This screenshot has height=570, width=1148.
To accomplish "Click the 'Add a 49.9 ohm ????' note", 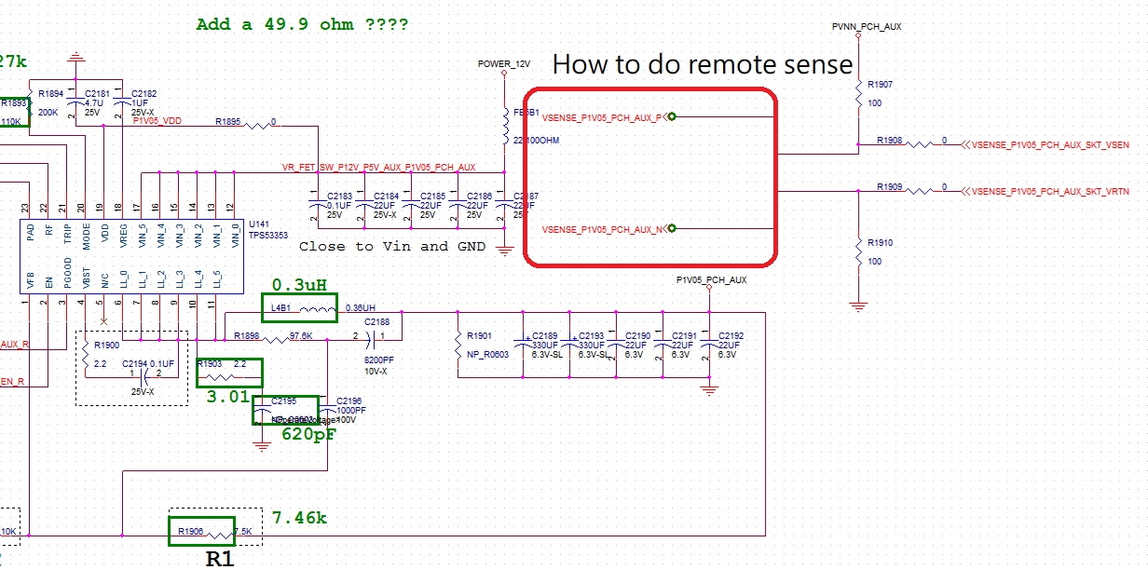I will click(x=302, y=25).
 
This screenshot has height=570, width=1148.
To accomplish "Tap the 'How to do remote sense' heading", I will click(x=703, y=64).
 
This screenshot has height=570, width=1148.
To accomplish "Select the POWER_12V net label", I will click(x=504, y=64).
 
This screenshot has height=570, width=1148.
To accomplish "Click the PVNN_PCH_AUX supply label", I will click(x=867, y=27).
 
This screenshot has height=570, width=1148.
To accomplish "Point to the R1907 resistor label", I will click(x=880, y=85).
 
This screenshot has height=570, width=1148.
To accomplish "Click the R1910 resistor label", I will click(x=880, y=242).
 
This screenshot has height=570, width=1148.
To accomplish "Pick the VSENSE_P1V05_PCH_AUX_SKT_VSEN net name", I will click(x=1050, y=144).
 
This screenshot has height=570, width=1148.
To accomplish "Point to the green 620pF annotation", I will click(x=308, y=434).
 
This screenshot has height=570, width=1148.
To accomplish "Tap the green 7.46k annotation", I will click(x=299, y=518).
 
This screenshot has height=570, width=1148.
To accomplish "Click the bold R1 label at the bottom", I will click(x=220, y=560).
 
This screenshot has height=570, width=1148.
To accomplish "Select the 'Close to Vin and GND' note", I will click(x=391, y=247).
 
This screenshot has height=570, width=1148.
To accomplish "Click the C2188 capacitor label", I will click(x=377, y=321).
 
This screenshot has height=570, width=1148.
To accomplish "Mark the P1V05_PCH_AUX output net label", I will click(x=711, y=279).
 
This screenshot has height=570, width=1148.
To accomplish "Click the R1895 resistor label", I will click(x=227, y=121).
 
